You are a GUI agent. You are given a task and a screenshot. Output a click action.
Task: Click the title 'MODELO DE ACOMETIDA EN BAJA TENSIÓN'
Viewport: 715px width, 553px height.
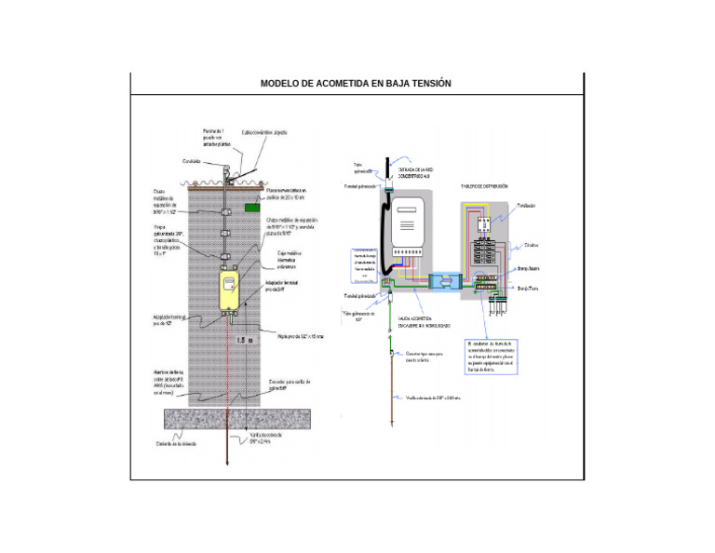[356, 84]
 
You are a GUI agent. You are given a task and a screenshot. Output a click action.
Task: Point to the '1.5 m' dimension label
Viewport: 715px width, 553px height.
[245, 341]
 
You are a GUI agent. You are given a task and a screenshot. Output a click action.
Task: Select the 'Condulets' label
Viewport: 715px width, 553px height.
[193, 161]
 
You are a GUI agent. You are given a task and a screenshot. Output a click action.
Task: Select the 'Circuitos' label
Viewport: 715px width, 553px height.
[532, 246]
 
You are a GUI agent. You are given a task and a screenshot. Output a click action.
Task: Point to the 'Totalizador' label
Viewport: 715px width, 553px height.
[527, 205]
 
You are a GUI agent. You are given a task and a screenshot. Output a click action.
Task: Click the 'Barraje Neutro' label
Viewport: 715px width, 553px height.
[530, 269]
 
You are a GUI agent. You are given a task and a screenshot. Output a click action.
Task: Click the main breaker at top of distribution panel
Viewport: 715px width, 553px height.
[484, 222]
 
